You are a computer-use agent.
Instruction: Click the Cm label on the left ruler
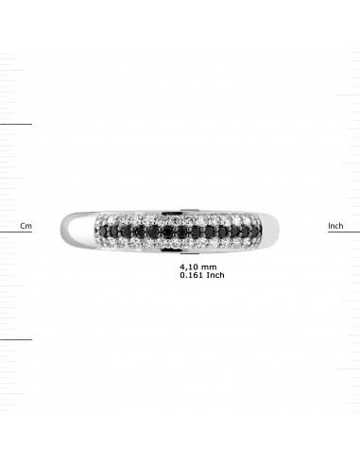tap(26, 226)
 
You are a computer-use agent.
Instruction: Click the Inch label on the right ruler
tap(335, 226)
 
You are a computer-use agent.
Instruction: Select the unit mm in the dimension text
tap(209, 267)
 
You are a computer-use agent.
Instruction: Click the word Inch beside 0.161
tap(215, 275)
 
